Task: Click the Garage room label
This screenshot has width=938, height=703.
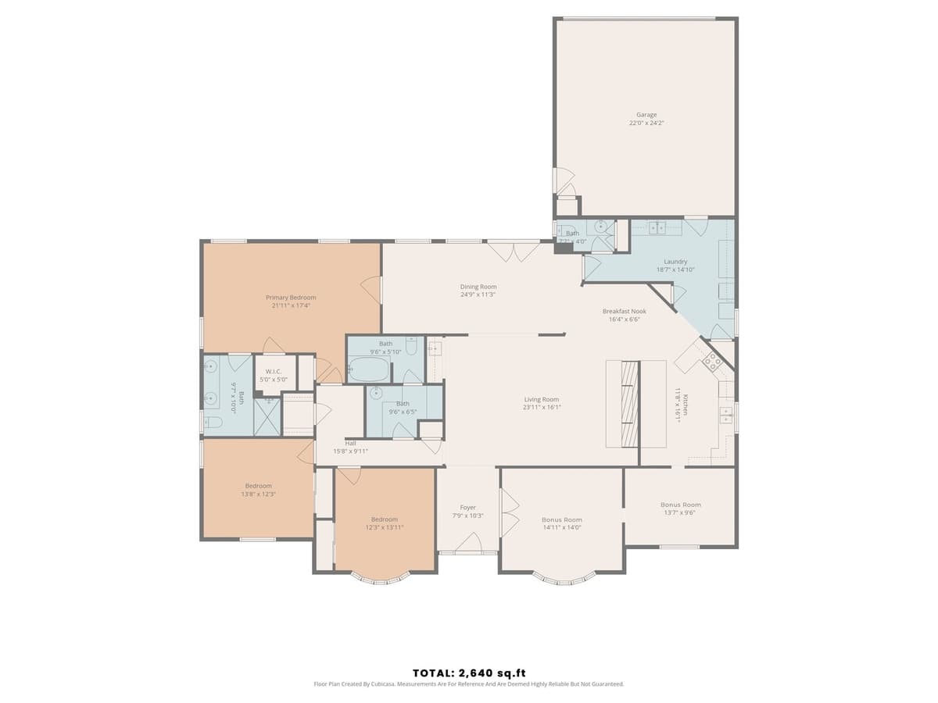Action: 646,115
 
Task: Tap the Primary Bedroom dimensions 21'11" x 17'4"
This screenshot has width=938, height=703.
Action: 291,305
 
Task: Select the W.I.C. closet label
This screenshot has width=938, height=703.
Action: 274,372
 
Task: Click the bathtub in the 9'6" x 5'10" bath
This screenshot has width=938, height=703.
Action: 368,369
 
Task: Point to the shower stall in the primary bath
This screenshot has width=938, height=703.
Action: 267,417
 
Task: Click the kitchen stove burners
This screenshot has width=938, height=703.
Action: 713,360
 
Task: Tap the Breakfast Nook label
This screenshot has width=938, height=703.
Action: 624,311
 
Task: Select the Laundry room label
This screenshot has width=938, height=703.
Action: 675,262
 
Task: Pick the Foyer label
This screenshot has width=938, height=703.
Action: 467,508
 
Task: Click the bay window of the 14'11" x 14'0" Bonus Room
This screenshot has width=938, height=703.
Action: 562,580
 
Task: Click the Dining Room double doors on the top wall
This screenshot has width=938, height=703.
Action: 513,251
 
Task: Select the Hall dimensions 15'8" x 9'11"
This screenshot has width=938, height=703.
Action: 350,451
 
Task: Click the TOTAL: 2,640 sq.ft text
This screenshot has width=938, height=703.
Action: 469,673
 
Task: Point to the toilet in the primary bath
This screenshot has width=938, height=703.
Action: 213,423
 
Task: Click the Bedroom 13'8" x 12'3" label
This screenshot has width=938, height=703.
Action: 258,486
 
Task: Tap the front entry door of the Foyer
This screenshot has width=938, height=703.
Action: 468,543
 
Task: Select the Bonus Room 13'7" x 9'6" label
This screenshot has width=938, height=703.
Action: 680,505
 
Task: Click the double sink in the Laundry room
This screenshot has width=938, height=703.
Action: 657,227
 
